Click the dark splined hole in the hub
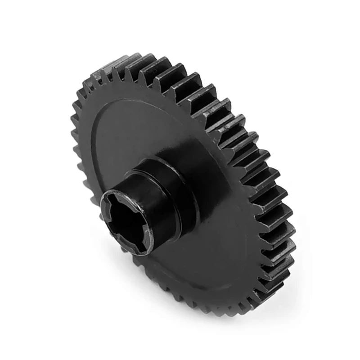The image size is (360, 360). [125, 220]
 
